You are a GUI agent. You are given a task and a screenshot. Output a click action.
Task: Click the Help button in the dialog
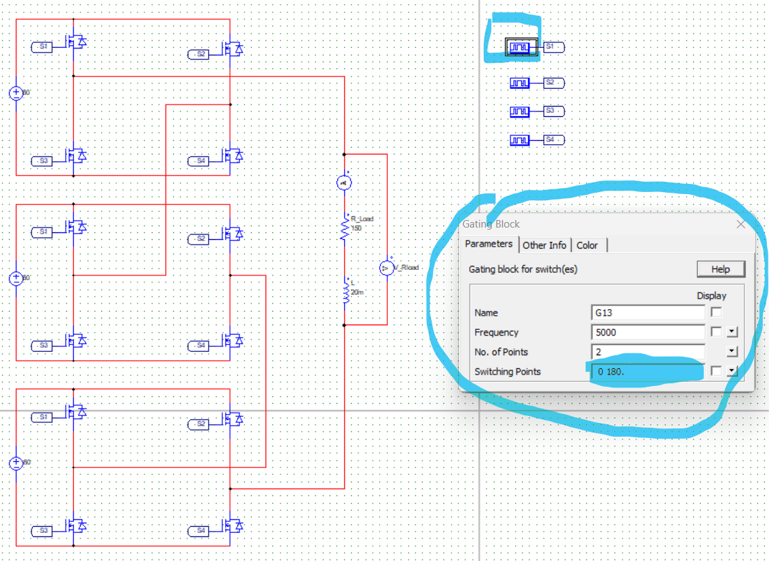coord(720,269)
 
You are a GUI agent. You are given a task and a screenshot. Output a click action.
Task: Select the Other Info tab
coord(545,245)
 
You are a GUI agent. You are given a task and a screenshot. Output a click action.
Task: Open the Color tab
coord(587,245)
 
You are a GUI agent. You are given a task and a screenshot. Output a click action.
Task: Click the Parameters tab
coord(488,244)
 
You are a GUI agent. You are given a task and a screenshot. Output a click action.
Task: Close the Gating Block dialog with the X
coord(741,224)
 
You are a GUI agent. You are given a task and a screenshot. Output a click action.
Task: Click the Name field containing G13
coord(647,313)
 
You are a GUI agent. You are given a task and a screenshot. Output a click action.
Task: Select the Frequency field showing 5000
coord(647,332)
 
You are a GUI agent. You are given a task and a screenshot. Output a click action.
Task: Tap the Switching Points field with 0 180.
coord(647,372)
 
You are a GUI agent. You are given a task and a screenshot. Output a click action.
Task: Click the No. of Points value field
coord(647,352)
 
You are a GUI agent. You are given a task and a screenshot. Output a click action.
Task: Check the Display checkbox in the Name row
coord(716,312)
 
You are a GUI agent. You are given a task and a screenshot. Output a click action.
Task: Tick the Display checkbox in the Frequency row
coord(716,332)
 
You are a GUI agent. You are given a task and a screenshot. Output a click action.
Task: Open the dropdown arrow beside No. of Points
coord(732,352)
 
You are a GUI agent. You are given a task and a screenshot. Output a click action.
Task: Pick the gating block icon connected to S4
coord(520,140)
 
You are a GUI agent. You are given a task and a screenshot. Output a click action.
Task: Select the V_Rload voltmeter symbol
coord(386,268)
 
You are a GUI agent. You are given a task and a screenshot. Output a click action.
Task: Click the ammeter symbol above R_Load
coord(344,182)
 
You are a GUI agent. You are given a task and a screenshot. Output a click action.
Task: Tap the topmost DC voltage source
coord(16,93)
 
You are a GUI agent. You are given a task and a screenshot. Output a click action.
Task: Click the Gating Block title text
coord(491,224)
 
